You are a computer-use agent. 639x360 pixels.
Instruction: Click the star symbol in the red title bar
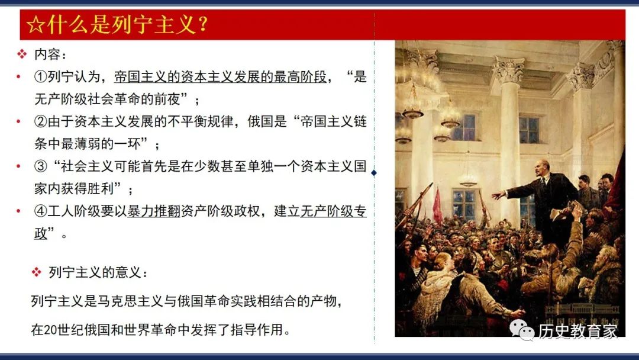[x=35, y=25]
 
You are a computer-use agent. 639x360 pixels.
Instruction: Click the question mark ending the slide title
[x=202, y=25]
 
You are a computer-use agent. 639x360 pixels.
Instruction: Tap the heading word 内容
[x=47, y=54]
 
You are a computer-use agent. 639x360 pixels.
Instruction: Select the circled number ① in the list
[x=41, y=76]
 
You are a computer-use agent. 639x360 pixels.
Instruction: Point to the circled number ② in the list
[x=41, y=121]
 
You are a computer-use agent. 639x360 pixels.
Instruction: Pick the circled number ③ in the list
[x=41, y=166]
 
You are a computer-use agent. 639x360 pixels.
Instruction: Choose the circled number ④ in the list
[x=41, y=211]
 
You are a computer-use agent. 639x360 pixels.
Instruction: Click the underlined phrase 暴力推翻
[x=154, y=211]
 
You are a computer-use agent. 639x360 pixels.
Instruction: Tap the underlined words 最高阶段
[x=301, y=76]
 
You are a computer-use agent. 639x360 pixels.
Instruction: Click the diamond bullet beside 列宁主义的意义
[x=37, y=272]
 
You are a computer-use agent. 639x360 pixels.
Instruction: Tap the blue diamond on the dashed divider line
[x=374, y=173]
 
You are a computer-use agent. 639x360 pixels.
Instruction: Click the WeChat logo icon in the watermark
[x=522, y=329]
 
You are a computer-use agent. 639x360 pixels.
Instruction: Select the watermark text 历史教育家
[x=578, y=331]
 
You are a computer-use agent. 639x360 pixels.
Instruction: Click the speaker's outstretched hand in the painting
[x=498, y=196]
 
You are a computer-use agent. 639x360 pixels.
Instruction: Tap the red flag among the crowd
[x=437, y=206]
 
